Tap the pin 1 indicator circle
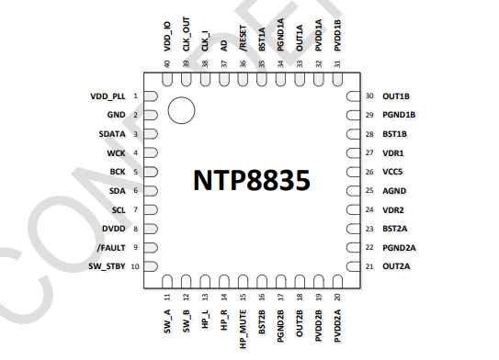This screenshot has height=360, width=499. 181,110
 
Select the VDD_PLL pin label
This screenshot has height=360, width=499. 108,96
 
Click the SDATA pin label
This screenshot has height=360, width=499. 111,134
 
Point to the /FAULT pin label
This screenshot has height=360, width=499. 110,247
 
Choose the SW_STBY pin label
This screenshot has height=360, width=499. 107,266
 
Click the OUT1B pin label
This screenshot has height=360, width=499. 396,96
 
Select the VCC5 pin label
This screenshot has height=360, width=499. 392,172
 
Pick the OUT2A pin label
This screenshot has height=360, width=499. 396,266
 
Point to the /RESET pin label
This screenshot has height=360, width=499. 243,41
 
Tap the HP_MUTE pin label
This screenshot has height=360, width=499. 243,326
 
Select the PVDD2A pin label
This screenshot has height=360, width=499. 338,326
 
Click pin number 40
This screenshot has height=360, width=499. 167,63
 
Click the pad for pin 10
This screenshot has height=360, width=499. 152,266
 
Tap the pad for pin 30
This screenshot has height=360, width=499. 352,96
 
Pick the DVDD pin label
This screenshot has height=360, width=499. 114,229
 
